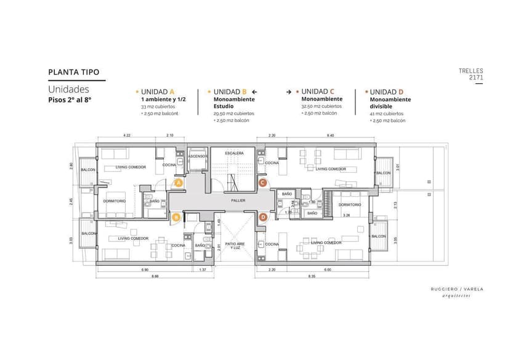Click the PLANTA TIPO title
pos(73,72)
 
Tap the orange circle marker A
pos(179,183)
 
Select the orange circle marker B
pos(176,217)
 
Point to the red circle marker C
pos(262,182)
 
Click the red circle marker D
pos(263,217)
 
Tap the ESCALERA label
pos(234,152)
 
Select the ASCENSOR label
pos(198,156)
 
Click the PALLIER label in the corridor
pos(238,200)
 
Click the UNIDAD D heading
pos(387,92)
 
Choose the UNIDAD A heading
pos(158,92)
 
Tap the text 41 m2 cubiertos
pos(387,113)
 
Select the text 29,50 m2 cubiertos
pos(233,113)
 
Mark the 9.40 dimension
pos(330,135)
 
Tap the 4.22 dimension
pos(126,135)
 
